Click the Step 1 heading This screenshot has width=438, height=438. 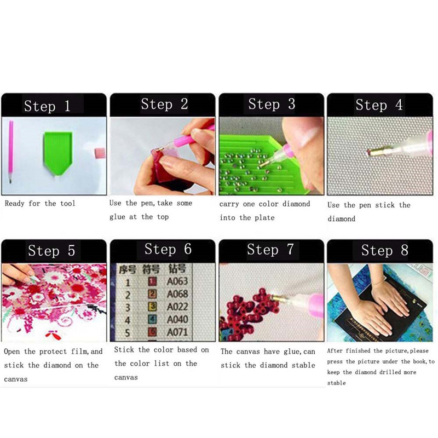click(47, 106)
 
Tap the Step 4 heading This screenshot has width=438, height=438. click(379, 105)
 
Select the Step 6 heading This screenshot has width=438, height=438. click(168, 249)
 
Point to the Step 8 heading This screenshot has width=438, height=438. click(384, 250)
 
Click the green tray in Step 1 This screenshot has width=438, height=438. click(58, 152)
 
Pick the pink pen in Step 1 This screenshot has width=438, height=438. click(10, 152)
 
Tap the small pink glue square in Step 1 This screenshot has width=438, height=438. click(100, 153)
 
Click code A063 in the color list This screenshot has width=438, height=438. click(177, 281)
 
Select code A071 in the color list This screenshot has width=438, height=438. click(177, 332)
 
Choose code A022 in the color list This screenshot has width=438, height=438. click(177, 307)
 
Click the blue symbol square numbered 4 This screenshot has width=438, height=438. click(152, 319)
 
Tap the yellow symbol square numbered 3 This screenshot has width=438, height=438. click(152, 307)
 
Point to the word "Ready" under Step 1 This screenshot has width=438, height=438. click(15, 204)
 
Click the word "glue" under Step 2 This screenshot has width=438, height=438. click(117, 217)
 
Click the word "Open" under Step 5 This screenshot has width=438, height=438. click(11, 351)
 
